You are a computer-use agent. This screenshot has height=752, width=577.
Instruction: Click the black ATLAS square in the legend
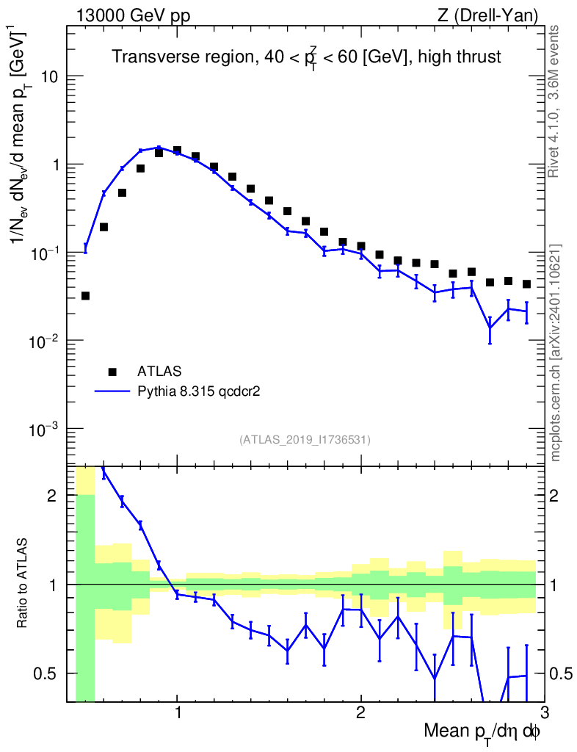[x=112, y=371]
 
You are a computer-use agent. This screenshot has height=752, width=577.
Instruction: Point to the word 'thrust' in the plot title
[x=481, y=57]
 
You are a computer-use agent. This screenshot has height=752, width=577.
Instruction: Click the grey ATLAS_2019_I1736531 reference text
[x=305, y=440]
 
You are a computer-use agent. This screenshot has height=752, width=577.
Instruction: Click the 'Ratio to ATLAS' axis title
[x=23, y=584]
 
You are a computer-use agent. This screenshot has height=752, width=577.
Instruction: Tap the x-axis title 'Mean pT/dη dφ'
[x=483, y=731]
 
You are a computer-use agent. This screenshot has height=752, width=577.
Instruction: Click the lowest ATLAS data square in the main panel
[x=85, y=296]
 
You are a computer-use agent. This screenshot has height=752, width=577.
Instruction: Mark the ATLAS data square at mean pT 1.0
[x=177, y=150]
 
